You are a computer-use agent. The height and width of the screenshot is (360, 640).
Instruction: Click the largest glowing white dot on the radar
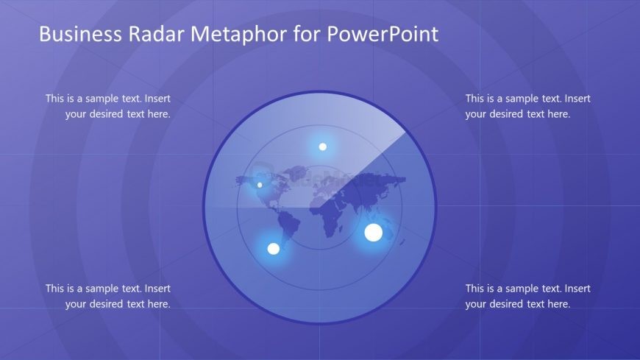pos(374,233)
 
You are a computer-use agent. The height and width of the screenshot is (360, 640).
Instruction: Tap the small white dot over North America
pos(260,185)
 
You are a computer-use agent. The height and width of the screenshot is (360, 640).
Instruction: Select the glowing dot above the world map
pos(322,147)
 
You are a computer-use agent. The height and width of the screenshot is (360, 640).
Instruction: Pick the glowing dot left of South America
pos(274,249)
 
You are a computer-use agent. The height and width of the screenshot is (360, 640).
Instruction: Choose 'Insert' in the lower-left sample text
pos(157,289)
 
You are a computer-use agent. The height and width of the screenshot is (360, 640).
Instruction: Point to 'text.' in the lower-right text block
pos(550,289)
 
